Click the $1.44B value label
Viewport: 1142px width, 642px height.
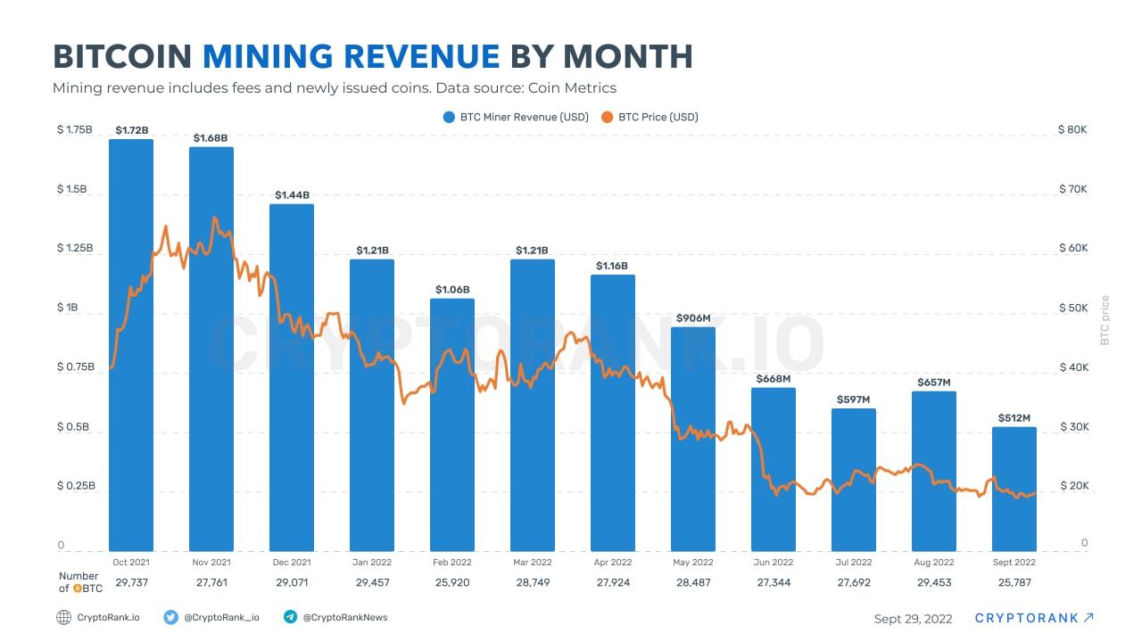point(292,195)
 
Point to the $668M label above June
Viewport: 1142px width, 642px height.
point(773,379)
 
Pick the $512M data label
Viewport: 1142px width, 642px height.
point(1014,418)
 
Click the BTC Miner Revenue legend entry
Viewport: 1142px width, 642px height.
point(515,117)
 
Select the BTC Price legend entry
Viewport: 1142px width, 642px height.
point(650,117)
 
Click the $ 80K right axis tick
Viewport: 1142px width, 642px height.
point(1072,130)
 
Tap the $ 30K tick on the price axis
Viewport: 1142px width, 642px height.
point(1072,427)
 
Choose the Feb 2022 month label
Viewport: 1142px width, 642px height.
point(452,563)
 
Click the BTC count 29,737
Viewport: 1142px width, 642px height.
point(131,582)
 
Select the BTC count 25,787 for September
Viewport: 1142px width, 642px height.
point(1014,582)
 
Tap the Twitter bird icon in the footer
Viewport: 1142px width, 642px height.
point(171,617)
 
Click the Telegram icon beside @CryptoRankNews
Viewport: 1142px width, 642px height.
point(290,617)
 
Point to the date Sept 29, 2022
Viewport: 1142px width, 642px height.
point(913,619)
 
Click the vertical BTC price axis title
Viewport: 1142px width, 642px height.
point(1105,320)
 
